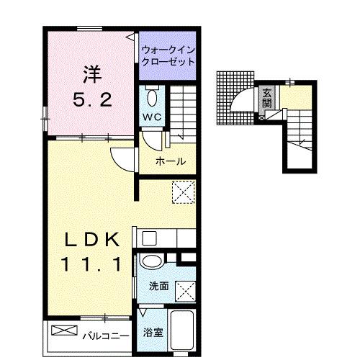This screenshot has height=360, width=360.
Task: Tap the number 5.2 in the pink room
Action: pos(91,100)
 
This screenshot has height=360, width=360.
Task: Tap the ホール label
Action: pos(171,161)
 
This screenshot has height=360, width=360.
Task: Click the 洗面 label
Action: pos(159,287)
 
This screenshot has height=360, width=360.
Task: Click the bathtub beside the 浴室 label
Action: pos(181,331)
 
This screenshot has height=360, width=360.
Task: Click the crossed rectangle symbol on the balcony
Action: pos(64,331)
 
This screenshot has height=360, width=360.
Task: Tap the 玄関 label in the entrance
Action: pos(266,96)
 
